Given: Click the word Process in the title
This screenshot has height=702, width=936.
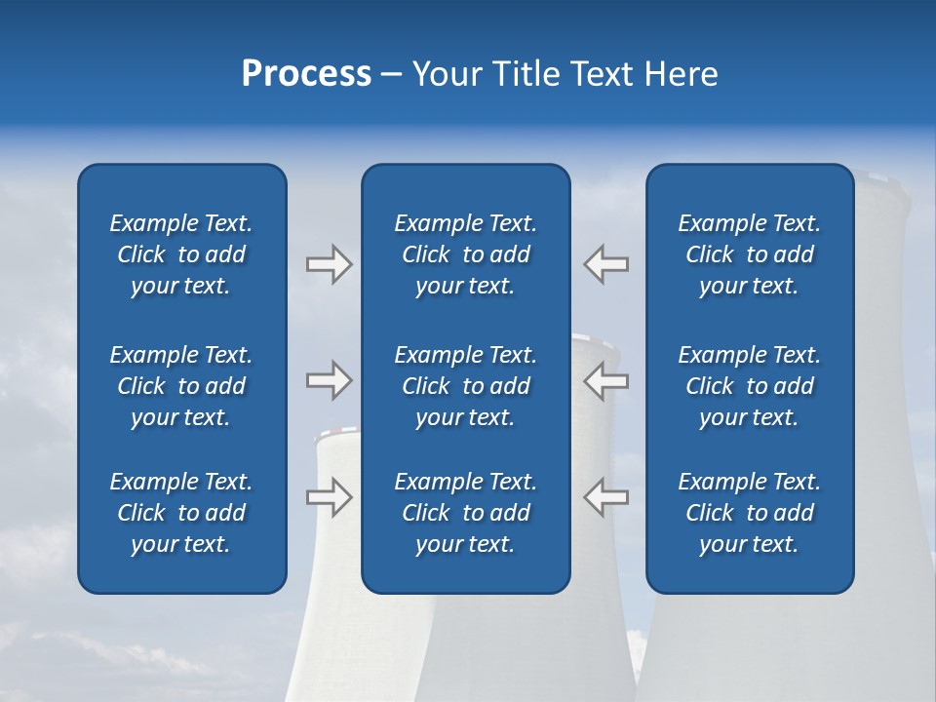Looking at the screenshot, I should tap(306, 74).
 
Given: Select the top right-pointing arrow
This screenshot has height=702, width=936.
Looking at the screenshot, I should tap(329, 264).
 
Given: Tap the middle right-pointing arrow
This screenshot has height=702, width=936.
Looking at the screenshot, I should tap(329, 380).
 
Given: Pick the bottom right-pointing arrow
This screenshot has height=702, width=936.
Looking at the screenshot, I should tap(329, 496).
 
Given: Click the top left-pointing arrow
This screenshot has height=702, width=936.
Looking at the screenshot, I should tap(605, 264).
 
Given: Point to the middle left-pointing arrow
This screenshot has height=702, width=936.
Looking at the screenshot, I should tap(605, 380).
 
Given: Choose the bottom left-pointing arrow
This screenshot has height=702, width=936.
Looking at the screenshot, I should tap(605, 496).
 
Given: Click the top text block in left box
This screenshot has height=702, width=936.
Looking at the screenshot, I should tap(181, 254).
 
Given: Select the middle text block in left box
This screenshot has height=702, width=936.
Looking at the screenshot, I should tap(181, 386).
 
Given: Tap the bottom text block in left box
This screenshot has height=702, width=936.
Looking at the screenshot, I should tap(181, 513).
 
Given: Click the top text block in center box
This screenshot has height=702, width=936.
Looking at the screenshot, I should tap(465, 254).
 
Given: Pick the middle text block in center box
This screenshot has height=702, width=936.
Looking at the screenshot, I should tap(465, 386).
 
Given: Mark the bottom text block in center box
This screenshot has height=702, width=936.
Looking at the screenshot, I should tap(465, 513).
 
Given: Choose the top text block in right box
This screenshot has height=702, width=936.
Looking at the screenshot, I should tap(749, 254).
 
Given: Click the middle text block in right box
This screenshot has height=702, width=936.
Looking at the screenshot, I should tap(749, 386).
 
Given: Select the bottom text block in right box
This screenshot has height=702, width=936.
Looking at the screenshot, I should tap(749, 513).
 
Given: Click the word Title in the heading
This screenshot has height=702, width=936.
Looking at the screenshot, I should tap(526, 74).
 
